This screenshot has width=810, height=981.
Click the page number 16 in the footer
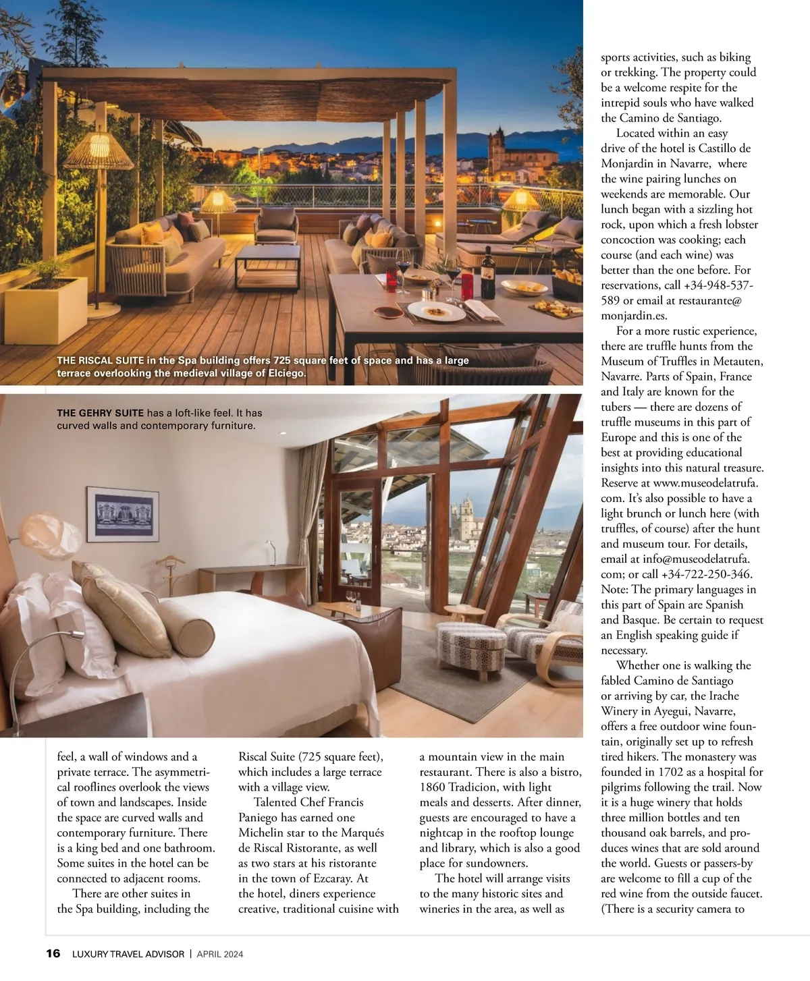tap(53, 953)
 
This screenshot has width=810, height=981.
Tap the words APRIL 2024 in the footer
tap(219, 954)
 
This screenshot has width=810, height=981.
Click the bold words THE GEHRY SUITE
tap(100, 413)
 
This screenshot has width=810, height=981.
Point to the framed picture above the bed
tap(123, 514)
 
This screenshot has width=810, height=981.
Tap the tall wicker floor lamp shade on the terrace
tap(98, 151)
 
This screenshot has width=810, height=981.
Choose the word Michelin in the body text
tap(264, 833)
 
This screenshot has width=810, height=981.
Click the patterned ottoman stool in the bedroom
tap(472, 648)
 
